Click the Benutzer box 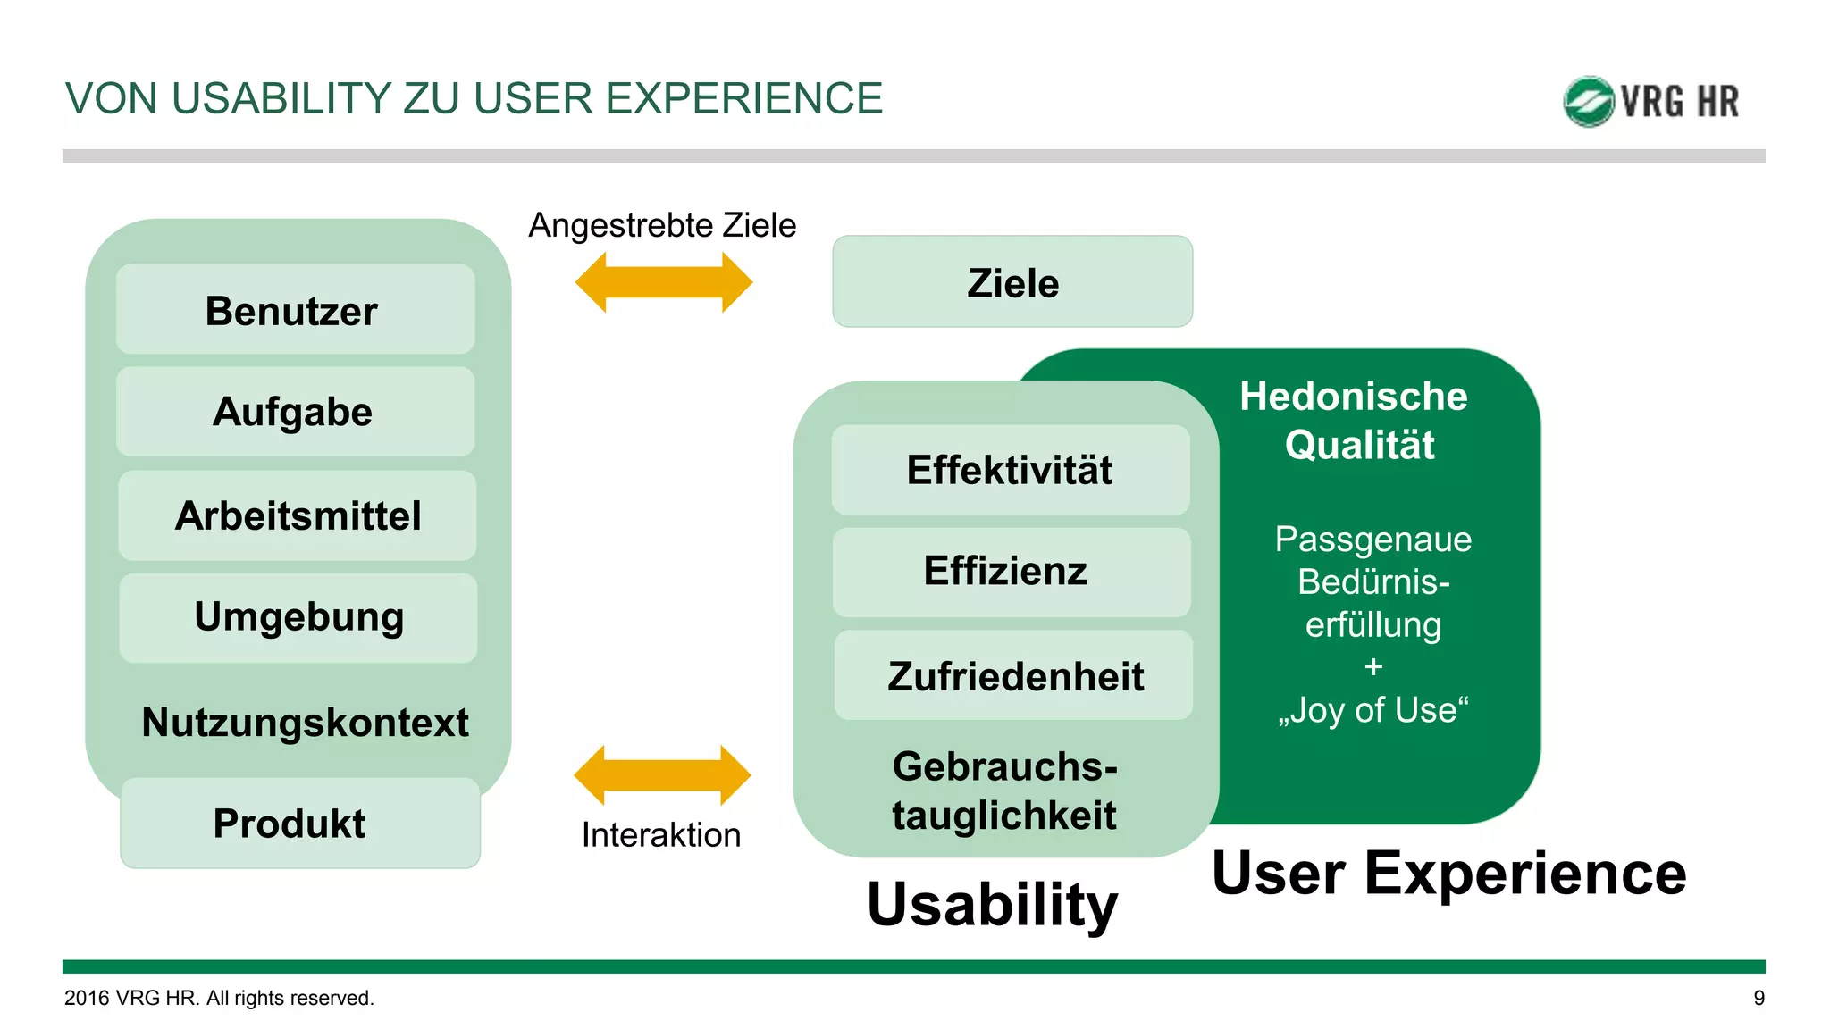295,310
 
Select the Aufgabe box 295,412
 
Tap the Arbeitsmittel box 297,515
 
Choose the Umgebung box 298,617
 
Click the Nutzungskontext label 305,722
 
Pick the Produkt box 299,823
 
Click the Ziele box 1012,282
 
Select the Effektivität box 1010,470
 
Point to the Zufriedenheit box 1013,675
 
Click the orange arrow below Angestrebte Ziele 664,282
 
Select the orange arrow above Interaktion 662,775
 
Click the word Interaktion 661,835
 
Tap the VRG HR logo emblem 1588,101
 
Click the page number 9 1759,998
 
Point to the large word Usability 992,904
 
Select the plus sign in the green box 1373,667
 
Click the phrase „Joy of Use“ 1373,710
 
